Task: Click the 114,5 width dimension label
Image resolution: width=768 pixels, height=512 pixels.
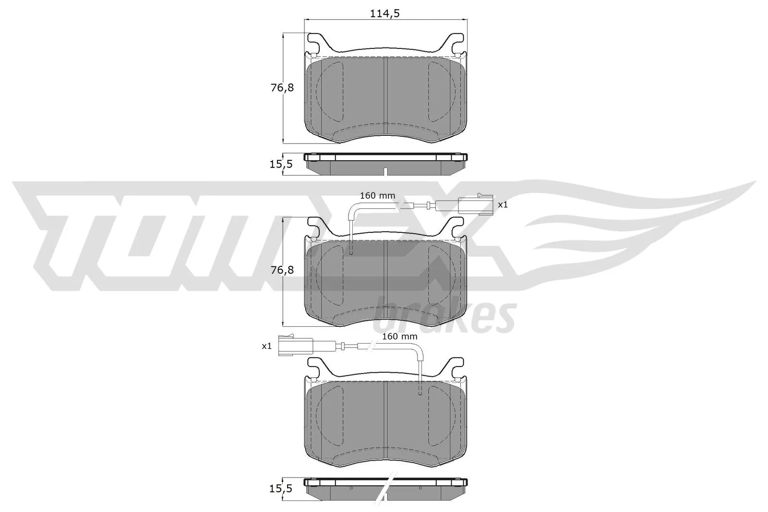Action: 384,13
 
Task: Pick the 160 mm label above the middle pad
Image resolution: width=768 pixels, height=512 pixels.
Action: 378,196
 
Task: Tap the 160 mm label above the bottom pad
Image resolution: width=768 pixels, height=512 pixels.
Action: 400,336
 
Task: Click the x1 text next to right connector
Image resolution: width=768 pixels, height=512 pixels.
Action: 503,204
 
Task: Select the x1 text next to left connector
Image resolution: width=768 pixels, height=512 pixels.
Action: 267,345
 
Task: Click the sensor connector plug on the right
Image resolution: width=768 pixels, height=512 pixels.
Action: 475,204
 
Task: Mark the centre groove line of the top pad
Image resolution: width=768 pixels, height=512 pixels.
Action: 385,96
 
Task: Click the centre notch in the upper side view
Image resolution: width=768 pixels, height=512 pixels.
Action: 385,171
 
